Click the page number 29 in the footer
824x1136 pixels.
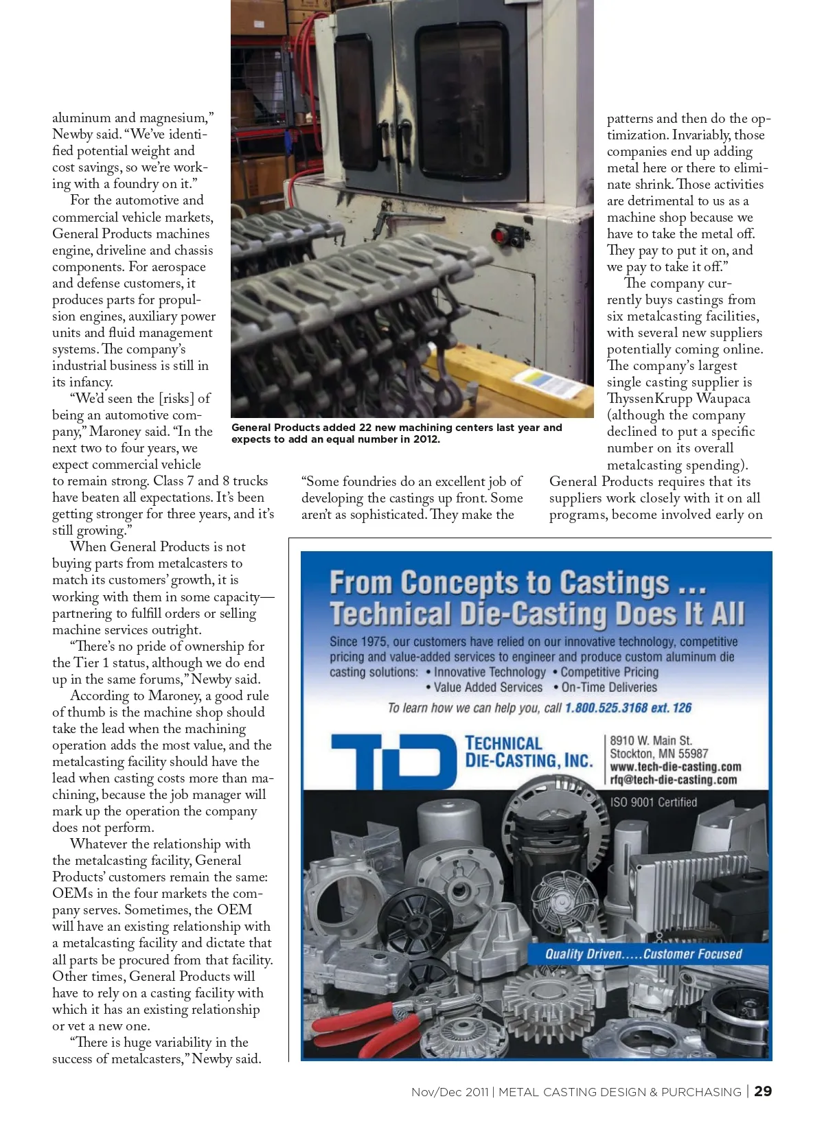(762, 1091)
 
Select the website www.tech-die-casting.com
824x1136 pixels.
(675, 767)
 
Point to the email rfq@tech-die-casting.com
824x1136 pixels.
(673, 780)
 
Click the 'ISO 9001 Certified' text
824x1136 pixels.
(653, 802)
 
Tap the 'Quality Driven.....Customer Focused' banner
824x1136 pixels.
(643, 954)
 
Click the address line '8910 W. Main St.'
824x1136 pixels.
(651, 741)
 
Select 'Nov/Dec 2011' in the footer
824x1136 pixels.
(450, 1092)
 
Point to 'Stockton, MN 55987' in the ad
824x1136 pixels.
(659, 754)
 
